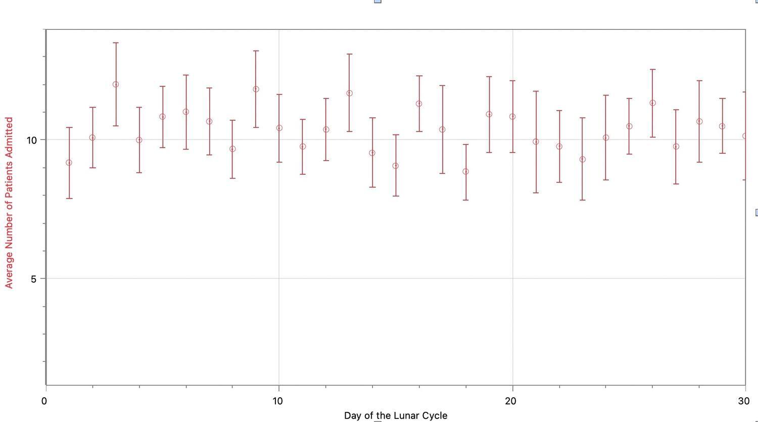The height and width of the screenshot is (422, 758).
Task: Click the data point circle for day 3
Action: click(x=116, y=84)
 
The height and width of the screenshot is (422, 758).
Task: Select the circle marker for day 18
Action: click(x=465, y=171)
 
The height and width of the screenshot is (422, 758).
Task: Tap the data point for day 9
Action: click(x=256, y=89)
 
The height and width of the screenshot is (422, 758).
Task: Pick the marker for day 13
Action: click(x=349, y=93)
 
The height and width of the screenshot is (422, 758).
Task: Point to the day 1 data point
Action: click(x=69, y=163)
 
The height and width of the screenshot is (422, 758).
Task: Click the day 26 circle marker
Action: click(x=652, y=103)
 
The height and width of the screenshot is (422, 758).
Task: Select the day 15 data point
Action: click(x=396, y=166)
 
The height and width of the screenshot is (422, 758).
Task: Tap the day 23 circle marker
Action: click(x=582, y=159)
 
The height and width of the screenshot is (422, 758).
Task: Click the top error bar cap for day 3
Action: click(x=116, y=43)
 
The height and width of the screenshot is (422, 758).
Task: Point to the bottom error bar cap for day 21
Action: click(x=536, y=193)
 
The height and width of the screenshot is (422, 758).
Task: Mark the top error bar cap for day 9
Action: click(x=256, y=51)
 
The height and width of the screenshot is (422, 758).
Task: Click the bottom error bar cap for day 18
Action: click(x=465, y=200)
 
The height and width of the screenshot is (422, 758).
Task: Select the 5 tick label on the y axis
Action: click(x=34, y=278)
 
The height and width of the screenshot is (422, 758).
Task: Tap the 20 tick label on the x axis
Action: click(x=511, y=401)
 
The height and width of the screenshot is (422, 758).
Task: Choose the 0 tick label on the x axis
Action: click(x=44, y=401)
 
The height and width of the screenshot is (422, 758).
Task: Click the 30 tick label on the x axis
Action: click(x=744, y=401)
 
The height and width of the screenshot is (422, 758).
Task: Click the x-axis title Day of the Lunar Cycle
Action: click(x=396, y=415)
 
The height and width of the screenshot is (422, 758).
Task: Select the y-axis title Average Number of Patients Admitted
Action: click(x=9, y=203)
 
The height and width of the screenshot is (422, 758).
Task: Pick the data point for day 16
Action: click(x=419, y=104)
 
